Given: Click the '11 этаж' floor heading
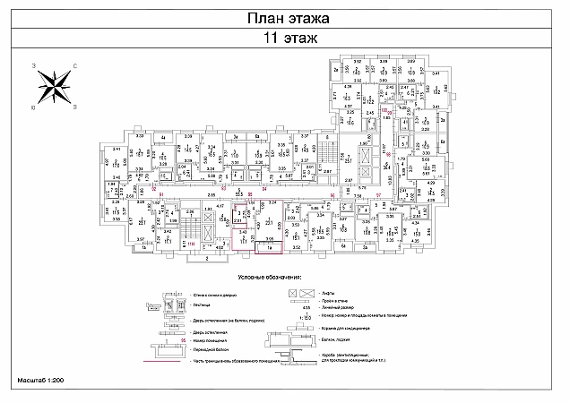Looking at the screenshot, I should [284, 39].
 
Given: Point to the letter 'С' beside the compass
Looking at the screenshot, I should [75, 65].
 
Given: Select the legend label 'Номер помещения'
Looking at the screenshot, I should [209, 341].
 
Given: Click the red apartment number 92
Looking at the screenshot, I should [154, 189].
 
